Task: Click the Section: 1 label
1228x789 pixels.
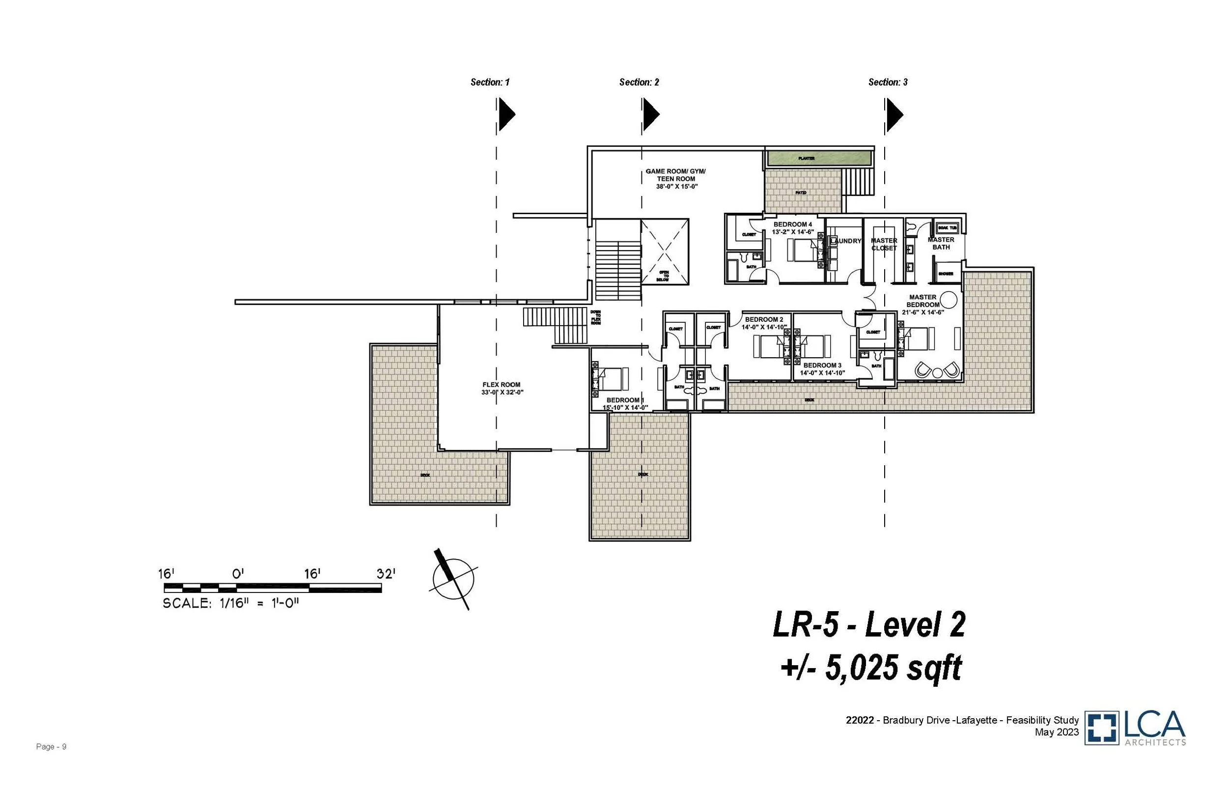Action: [490, 82]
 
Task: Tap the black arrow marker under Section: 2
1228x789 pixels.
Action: [650, 114]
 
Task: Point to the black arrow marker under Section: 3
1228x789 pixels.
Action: [894, 114]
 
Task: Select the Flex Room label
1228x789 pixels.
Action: [501, 385]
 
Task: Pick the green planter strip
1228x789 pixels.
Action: [819, 158]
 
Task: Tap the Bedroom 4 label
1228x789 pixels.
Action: [792, 225]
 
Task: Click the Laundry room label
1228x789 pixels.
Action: [845, 241]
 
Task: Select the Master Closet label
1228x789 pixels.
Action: [884, 244]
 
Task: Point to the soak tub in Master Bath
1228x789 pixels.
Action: [947, 227]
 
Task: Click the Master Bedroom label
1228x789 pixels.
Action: [923, 301]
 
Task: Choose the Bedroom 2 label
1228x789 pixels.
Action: [763, 320]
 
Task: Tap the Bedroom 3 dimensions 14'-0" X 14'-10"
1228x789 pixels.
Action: [822, 373]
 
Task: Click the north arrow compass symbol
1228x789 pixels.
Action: [453, 579]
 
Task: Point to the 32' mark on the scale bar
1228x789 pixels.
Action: [386, 574]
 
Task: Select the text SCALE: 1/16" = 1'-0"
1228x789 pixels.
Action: [230, 603]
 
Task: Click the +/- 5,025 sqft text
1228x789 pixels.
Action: [870, 668]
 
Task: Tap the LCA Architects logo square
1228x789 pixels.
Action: [1101, 728]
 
